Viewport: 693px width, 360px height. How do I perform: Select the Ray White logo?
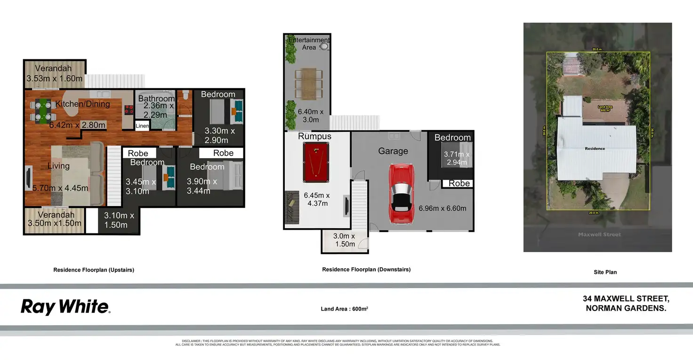click(x=65, y=307)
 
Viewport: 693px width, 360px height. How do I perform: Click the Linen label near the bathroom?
click(x=142, y=126)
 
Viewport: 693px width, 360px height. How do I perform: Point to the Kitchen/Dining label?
click(x=82, y=104)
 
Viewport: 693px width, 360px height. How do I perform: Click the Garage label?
click(x=393, y=151)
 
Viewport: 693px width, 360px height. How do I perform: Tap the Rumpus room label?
click(x=314, y=136)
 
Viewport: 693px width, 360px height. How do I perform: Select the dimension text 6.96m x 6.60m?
click(x=443, y=208)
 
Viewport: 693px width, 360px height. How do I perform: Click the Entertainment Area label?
click(x=309, y=44)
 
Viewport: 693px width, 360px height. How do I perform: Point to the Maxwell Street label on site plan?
click(x=599, y=234)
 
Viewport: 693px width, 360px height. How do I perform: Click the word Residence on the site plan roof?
click(x=595, y=149)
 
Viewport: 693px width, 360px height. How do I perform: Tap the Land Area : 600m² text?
click(x=344, y=309)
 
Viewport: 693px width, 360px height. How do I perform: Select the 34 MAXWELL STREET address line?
click(x=626, y=299)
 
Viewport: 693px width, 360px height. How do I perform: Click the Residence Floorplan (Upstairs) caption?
click(x=94, y=270)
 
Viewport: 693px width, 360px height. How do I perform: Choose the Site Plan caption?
click(x=605, y=272)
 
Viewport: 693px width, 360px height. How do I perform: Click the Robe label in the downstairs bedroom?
click(x=459, y=184)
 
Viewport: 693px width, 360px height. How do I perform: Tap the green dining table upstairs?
click(x=43, y=111)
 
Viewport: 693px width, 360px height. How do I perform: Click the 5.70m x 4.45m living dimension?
click(x=61, y=188)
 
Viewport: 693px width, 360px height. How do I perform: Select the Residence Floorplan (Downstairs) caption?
click(x=366, y=270)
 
